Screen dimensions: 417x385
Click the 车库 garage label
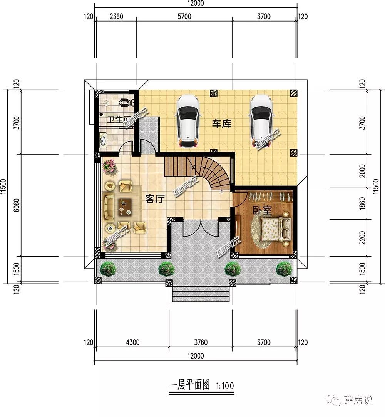221,124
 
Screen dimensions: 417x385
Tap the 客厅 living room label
155,199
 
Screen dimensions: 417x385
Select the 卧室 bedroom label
262,210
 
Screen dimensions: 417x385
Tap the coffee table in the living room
125,206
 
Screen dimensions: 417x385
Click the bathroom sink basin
103,140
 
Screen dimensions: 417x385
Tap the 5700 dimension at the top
184,17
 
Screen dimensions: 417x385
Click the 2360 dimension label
116,17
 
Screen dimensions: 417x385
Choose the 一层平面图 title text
189,385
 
